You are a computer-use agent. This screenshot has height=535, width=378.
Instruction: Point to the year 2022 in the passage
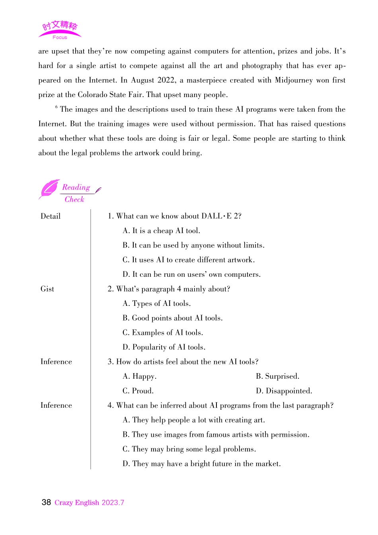(x=166, y=80)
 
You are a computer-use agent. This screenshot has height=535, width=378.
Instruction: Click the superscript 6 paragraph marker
(x=57, y=107)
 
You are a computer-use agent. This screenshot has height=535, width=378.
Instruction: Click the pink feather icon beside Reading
(x=49, y=189)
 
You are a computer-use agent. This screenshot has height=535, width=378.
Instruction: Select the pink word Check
(x=74, y=199)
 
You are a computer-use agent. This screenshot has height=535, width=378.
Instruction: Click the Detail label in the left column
(x=51, y=216)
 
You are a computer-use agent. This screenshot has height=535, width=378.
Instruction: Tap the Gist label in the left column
(x=47, y=289)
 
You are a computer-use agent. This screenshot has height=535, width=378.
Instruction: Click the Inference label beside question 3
(x=56, y=362)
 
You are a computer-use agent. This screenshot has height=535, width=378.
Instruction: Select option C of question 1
(x=189, y=260)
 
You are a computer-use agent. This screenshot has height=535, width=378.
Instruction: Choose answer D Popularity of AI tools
(x=164, y=347)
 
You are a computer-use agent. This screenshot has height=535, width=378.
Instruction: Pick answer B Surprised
(x=277, y=376)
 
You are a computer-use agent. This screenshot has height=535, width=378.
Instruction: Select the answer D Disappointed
(x=284, y=391)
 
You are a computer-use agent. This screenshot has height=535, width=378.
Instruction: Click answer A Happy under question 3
(x=140, y=376)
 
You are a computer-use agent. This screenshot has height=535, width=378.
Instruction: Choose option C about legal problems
(x=189, y=449)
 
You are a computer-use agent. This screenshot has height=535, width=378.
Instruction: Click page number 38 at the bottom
(x=46, y=502)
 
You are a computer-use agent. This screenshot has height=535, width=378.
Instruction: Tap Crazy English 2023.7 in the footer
(x=89, y=503)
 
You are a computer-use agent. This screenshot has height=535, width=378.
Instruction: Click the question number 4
(x=110, y=406)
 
